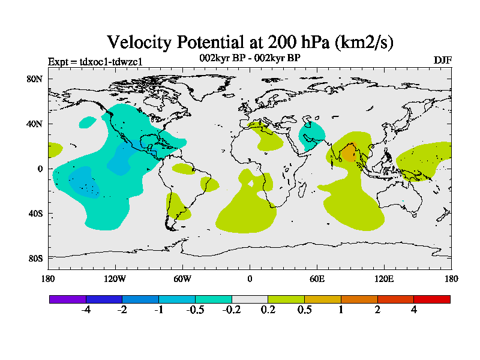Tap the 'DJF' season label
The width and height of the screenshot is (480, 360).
point(442,61)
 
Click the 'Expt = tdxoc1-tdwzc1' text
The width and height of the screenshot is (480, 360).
point(95,62)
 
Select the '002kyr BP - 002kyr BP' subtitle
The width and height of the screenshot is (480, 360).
point(250,58)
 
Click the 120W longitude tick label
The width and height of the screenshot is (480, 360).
point(115,278)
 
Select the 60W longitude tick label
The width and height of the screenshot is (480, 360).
point(182,278)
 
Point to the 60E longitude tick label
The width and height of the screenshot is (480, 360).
point(317,278)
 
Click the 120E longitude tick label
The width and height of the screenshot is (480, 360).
point(384,278)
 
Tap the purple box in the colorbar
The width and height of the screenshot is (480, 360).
point(68,299)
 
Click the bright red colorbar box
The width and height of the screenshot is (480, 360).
point(431,299)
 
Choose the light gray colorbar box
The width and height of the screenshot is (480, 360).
point(250,299)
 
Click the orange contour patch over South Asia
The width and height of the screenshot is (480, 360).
point(349,153)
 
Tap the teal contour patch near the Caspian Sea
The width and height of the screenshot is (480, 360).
point(313,133)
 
